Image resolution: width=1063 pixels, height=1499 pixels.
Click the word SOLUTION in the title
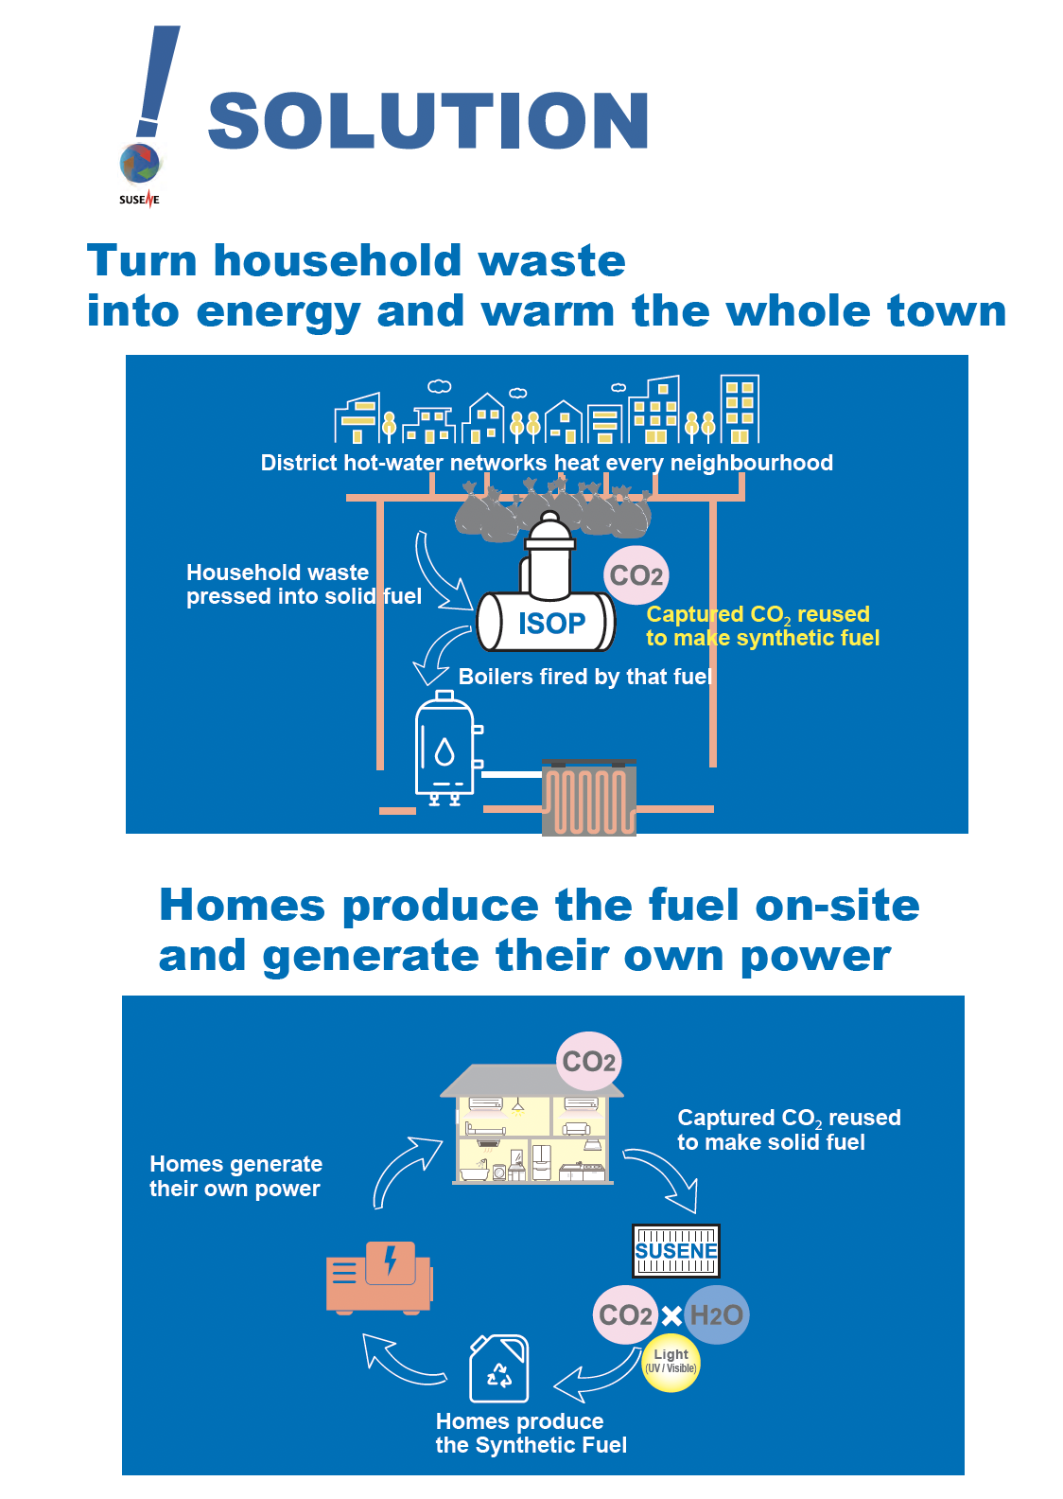tap(428, 120)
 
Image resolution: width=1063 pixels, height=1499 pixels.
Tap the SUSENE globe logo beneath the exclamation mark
tap(140, 164)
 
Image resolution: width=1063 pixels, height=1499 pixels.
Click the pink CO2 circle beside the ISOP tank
tap(636, 575)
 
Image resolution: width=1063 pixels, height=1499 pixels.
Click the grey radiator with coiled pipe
tap(588, 798)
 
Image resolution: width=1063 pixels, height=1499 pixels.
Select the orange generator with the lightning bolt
tap(379, 1279)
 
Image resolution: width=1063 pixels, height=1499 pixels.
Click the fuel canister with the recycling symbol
tap(499, 1367)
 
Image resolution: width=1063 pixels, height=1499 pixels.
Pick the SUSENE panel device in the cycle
tap(675, 1251)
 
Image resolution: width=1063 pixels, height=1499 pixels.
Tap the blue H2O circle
tap(717, 1315)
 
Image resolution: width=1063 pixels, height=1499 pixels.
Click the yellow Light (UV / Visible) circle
tap(671, 1362)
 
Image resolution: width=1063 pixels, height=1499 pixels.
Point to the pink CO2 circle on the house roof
tap(588, 1062)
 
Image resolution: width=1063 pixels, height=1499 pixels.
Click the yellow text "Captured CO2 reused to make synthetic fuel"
tap(762, 626)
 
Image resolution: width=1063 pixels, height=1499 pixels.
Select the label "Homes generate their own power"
tap(235, 1175)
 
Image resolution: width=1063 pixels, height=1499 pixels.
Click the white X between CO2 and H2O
tap(671, 1316)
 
